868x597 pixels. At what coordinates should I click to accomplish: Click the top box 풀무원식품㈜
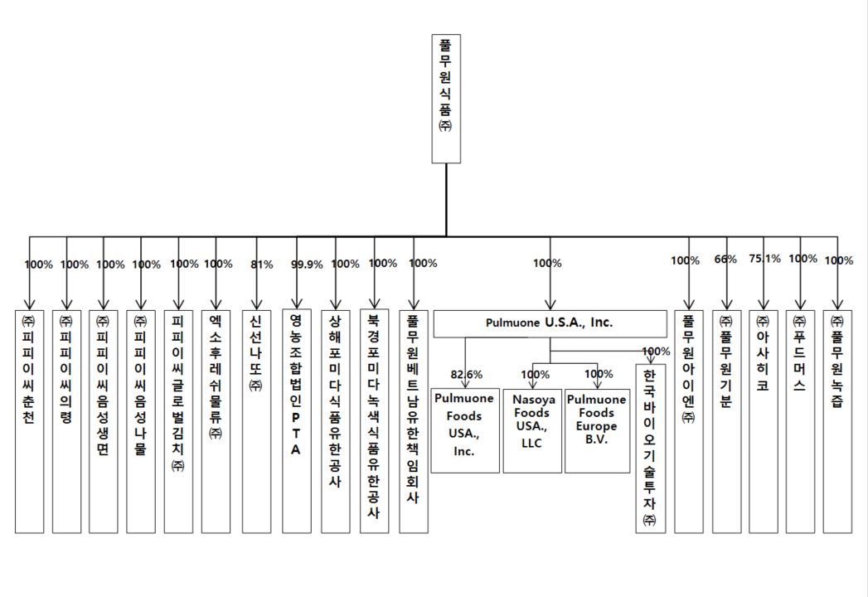(x=447, y=98)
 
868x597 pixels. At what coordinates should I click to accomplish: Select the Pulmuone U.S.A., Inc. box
(x=549, y=323)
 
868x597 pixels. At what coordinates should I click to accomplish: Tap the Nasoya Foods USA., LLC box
(x=532, y=430)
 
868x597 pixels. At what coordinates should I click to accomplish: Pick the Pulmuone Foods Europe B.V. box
(x=597, y=430)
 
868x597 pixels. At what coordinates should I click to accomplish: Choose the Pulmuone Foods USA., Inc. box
(x=465, y=430)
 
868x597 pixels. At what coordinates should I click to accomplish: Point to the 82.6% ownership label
(x=467, y=373)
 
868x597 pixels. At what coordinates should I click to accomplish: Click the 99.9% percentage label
(x=307, y=265)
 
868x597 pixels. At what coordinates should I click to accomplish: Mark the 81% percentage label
(x=261, y=265)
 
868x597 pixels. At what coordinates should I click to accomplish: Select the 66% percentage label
(x=725, y=260)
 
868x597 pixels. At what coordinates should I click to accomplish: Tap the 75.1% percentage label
(x=764, y=259)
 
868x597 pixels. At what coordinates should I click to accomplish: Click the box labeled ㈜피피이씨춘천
(x=29, y=420)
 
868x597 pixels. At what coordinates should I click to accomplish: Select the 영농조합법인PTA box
(x=296, y=420)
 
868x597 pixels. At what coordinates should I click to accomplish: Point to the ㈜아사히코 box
(x=764, y=420)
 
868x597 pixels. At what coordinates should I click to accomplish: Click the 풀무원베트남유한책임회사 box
(x=413, y=420)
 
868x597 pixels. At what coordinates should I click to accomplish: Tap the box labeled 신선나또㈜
(x=256, y=420)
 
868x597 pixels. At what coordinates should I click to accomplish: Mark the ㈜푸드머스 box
(x=800, y=420)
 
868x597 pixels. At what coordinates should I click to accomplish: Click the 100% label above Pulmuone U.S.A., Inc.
(x=547, y=263)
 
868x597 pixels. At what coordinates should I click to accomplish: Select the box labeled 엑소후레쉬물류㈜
(x=216, y=420)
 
